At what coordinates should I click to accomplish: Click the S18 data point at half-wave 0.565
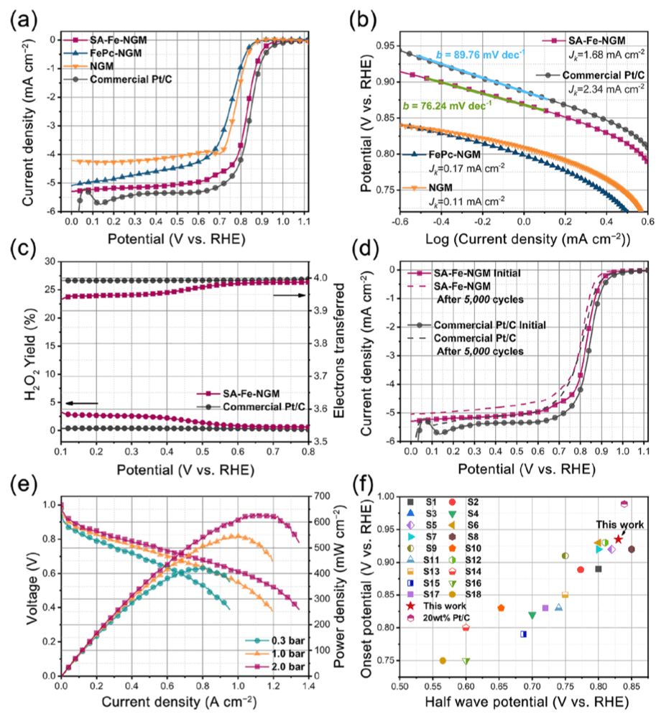coord(443,660)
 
